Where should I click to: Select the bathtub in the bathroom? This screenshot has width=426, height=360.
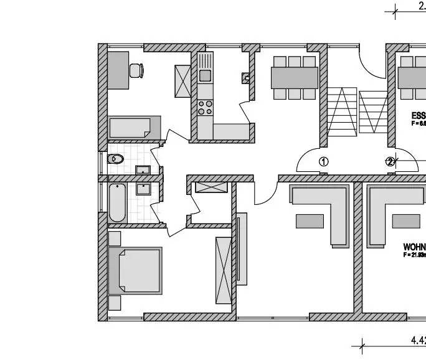pyautogui.click(x=118, y=202)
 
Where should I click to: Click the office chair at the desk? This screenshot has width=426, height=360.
pyautogui.click(x=136, y=71)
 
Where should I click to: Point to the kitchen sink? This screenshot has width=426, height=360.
pyautogui.click(x=205, y=75)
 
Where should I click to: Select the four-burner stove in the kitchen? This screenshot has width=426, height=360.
pyautogui.click(x=205, y=107)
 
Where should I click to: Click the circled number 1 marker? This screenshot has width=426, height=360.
pyautogui.click(x=323, y=161)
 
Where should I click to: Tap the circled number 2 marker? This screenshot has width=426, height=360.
pyautogui.click(x=391, y=161)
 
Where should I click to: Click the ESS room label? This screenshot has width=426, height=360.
pyautogui.click(x=419, y=116)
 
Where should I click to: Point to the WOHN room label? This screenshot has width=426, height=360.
pyautogui.click(x=414, y=247)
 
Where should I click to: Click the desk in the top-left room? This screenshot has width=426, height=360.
pyautogui.click(x=117, y=70)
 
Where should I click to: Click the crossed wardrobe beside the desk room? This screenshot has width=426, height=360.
pyautogui.click(x=182, y=81)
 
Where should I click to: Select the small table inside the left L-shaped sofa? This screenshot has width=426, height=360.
pyautogui.click(x=310, y=220)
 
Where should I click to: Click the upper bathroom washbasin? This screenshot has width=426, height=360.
pyautogui.click(x=143, y=169)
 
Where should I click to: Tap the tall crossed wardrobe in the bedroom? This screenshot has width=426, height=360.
pyautogui.click(x=223, y=270)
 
